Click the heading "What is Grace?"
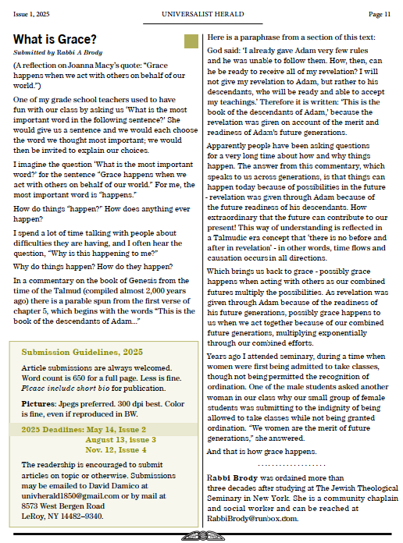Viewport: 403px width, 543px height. tap(55, 39)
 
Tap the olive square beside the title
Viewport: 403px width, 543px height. tap(191, 42)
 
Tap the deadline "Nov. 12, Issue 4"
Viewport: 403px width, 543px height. tap(116, 450)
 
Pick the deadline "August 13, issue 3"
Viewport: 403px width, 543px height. tap(120, 440)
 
